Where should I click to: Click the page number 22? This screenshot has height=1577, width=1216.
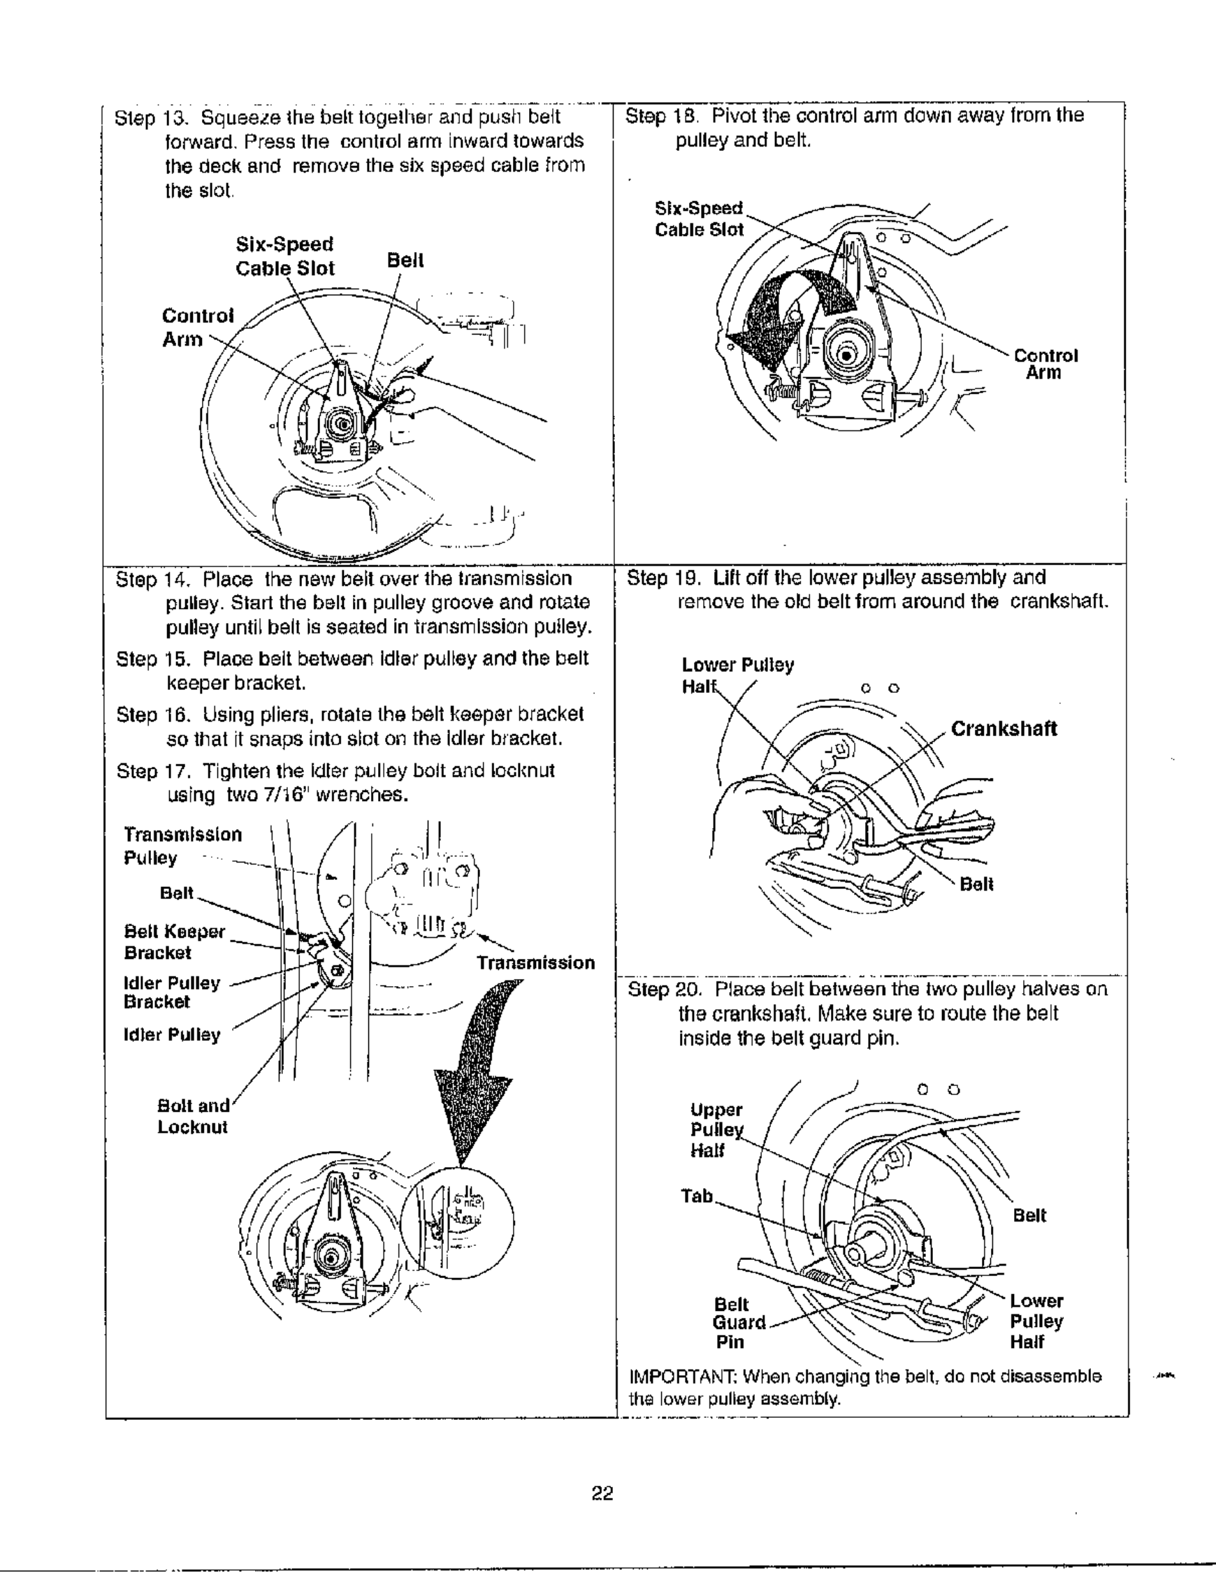click(x=602, y=1494)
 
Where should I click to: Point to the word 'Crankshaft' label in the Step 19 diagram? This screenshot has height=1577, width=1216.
click(x=1003, y=728)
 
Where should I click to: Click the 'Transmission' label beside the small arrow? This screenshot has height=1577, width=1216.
click(x=535, y=962)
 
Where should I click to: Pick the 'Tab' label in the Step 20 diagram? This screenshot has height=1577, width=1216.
click(x=697, y=1196)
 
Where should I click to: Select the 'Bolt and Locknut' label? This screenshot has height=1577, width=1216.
click(x=193, y=1116)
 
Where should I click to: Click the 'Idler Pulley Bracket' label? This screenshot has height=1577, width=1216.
click(x=171, y=992)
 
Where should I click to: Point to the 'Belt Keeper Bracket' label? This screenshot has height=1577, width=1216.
click(x=174, y=941)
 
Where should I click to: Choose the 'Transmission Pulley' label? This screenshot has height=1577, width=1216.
click(x=182, y=846)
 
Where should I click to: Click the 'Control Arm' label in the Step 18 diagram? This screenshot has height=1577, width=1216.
click(x=1045, y=364)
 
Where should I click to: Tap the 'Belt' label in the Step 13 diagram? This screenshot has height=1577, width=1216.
click(x=405, y=260)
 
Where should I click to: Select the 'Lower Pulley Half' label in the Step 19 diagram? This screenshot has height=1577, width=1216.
click(x=737, y=675)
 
